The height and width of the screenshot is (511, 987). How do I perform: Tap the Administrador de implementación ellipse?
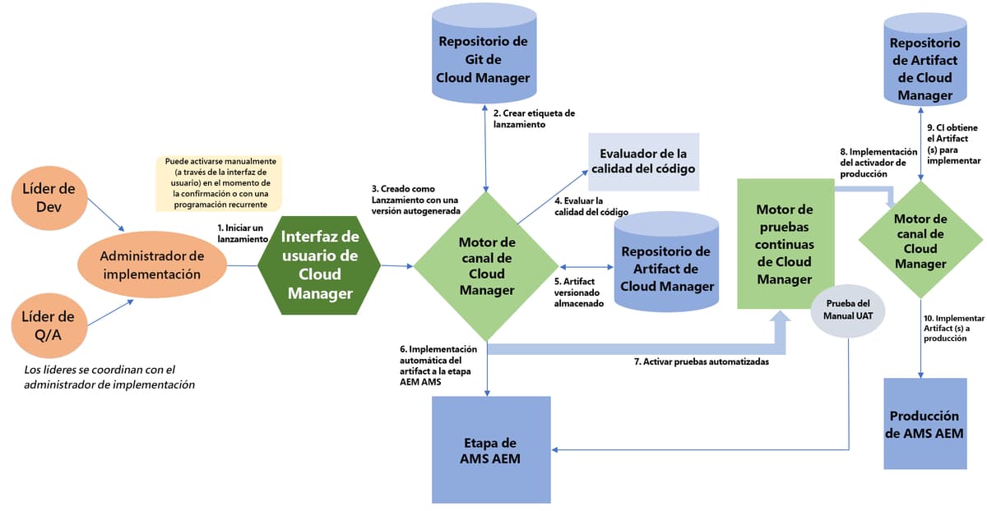pos(151,265)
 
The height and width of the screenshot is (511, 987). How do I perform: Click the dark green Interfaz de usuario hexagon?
pos(319,265)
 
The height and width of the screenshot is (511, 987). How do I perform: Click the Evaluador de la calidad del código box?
pos(643,162)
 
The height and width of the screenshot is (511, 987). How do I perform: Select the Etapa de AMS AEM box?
pos(490,449)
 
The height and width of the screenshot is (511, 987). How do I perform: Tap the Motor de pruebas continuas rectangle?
pos(784,245)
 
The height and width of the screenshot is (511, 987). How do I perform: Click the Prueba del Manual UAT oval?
pos(848,310)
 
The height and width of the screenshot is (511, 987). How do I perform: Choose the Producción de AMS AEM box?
pos(924,424)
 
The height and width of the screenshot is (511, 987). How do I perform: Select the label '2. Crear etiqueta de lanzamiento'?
pos(533,118)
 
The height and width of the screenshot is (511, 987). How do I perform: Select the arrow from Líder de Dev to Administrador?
pos(105,217)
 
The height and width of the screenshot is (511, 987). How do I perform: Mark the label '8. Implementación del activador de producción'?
pos(878,163)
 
